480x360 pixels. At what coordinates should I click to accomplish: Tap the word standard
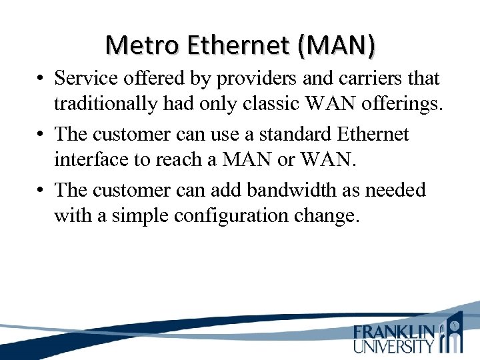[x=299, y=134]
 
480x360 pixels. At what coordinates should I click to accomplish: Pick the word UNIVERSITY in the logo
[x=394, y=345]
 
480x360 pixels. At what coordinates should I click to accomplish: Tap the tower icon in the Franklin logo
[x=454, y=333]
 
